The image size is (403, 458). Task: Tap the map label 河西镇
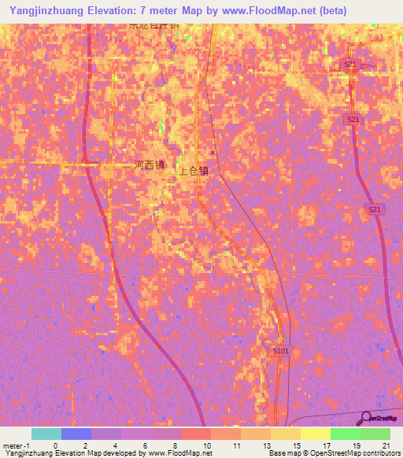[149, 165]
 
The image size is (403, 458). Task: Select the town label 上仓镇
[194, 170]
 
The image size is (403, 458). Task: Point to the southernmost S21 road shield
[374, 209]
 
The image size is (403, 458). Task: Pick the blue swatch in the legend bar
[76, 434]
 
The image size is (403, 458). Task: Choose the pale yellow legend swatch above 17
[315, 434]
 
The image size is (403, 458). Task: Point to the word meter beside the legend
[13, 445]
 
